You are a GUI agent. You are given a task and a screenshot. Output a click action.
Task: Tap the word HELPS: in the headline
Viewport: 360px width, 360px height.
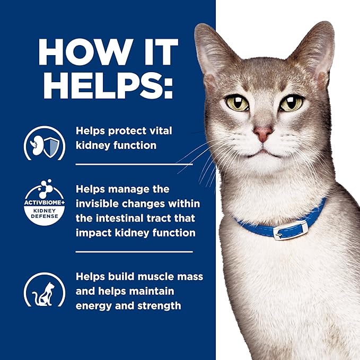pyautogui.click(x=108, y=85)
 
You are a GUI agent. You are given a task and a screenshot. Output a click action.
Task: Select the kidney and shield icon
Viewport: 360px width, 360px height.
pyautogui.click(x=45, y=143)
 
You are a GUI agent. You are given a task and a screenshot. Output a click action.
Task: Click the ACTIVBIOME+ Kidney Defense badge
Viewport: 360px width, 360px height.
pyautogui.click(x=45, y=203)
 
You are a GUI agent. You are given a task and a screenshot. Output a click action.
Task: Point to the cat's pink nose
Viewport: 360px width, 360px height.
pyautogui.click(x=263, y=134)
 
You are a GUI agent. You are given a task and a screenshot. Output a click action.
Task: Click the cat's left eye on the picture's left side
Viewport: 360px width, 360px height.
pyautogui.click(x=238, y=103)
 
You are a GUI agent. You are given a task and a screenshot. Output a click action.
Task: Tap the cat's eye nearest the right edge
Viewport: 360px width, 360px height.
pyautogui.click(x=292, y=103)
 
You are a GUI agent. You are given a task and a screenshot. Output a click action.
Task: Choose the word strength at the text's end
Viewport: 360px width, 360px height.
pyautogui.click(x=159, y=306)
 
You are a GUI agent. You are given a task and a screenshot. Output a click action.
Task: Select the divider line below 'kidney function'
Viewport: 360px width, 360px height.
pyautogui.click(x=134, y=164)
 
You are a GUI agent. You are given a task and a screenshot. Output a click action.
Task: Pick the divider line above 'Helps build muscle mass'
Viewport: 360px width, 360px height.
pyautogui.click(x=134, y=252)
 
